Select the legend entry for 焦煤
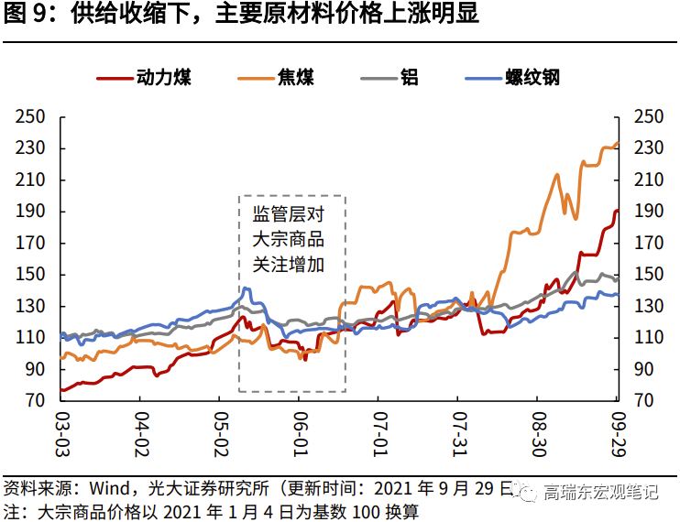pos(293,78)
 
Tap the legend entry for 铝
pos(409,78)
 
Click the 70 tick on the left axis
pos(36,400)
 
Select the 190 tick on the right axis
pos(649,212)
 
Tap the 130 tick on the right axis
pos(649,306)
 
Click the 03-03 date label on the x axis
pos(61,432)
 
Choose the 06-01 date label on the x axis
pos(299,432)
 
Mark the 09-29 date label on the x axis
pos(616,432)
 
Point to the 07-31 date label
pos(458,432)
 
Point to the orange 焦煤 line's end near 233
pos(616,144)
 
